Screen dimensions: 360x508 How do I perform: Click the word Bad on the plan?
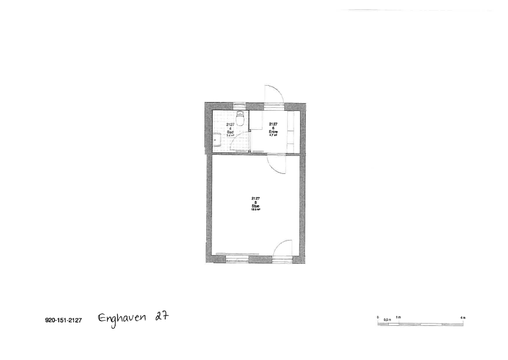tap(230, 132)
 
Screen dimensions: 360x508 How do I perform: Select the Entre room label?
tap(273, 132)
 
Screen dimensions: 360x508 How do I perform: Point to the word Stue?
tap(255, 206)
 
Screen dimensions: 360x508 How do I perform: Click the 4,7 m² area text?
tap(273, 135)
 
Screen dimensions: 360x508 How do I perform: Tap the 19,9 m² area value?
tap(255, 209)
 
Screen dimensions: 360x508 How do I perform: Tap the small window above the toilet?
tap(240, 106)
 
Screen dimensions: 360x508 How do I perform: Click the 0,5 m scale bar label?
tap(388, 319)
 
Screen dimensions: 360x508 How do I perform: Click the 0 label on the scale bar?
tap(378, 317)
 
